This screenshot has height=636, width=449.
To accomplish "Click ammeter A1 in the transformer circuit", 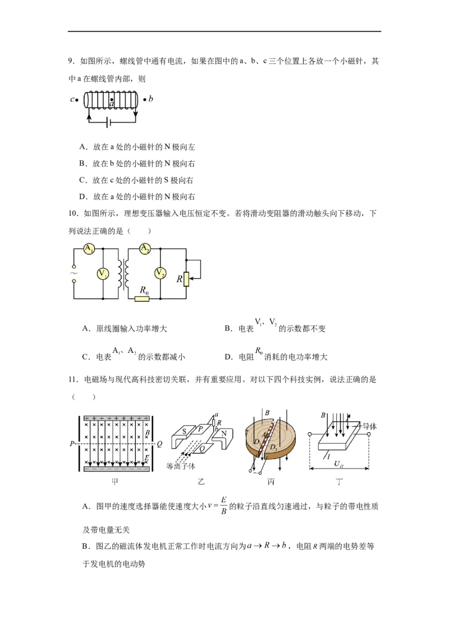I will pos(89,249).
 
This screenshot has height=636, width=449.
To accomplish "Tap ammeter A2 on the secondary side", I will pos(145,249).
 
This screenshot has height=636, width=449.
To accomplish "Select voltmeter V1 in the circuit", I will pos(103,274).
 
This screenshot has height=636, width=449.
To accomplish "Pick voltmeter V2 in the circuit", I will pos(161,274).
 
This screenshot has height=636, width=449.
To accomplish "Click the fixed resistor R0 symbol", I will pos(143,298).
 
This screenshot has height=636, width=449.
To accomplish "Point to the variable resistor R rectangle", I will pos(187,278).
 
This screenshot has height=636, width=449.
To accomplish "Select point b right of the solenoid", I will pos(145,99).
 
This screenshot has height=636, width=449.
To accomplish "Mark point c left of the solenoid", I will pos(76,100).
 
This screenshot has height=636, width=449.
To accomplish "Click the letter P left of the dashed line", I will pos(72,443).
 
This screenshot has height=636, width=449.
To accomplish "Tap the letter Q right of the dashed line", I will pos(159,443).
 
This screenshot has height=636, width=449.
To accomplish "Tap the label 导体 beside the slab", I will pos(369,426).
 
